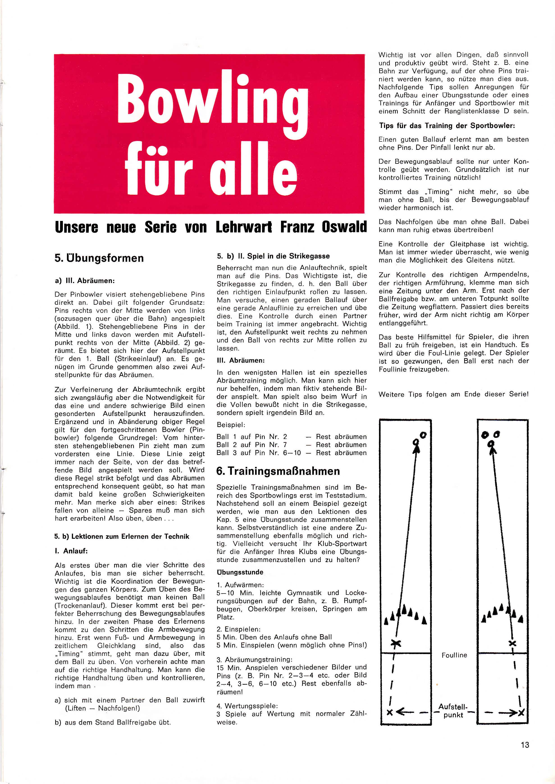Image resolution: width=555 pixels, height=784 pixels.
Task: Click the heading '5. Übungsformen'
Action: click(x=99, y=258)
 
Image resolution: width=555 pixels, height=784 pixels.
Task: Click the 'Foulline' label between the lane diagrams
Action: click(x=454, y=655)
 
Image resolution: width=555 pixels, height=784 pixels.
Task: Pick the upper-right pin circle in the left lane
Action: click(x=423, y=435)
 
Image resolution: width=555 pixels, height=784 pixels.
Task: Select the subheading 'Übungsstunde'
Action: click(x=240, y=572)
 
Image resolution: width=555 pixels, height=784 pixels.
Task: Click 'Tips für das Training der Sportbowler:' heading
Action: click(x=447, y=126)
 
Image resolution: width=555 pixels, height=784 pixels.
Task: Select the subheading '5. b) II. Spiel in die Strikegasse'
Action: click(x=273, y=256)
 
